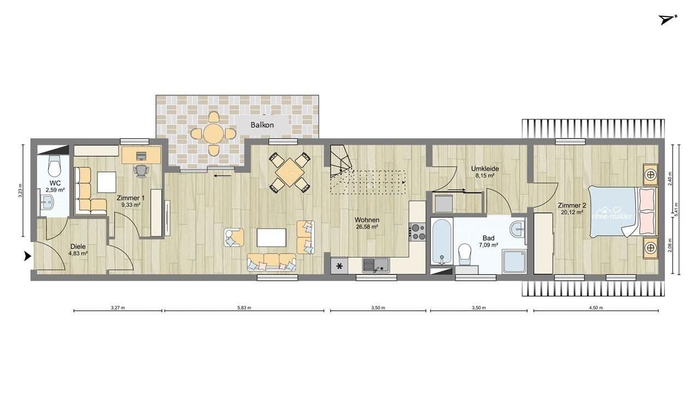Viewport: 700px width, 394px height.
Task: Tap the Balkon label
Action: tap(262, 125)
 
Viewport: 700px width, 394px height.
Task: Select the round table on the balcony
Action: tap(213, 133)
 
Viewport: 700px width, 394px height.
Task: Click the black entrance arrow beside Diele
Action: tap(27, 255)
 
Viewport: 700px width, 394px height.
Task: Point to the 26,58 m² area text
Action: tap(367, 227)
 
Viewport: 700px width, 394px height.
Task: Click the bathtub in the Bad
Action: tap(441, 241)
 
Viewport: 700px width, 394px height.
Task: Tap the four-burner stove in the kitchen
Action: tap(418, 232)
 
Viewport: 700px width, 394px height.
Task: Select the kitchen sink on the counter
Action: tap(376, 265)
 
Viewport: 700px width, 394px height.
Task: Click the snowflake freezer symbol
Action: tap(339, 266)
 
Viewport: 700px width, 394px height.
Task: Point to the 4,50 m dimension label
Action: tap(596, 308)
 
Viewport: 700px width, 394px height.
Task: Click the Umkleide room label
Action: tap(483, 169)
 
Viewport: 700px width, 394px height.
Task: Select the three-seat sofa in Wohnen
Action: tap(271, 262)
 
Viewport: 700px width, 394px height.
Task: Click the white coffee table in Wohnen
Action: tap(271, 237)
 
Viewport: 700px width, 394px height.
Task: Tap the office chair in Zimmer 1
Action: tap(141, 171)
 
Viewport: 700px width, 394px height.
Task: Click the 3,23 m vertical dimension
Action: tap(20, 190)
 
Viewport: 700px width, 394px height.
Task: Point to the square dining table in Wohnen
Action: tap(289, 172)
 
